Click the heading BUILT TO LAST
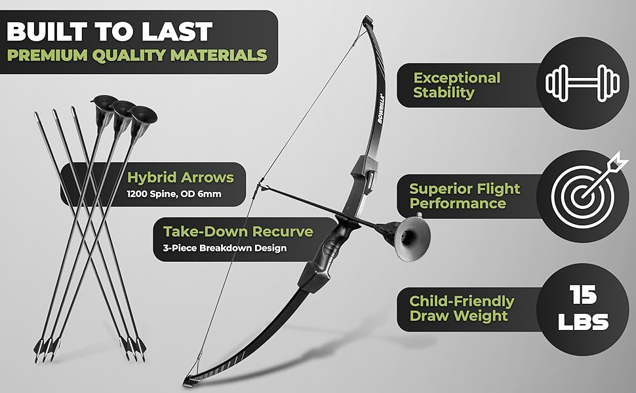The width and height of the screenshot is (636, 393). click(110, 31)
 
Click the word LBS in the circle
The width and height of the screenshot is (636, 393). click(582, 322)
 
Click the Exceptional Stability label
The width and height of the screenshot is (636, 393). click(456, 85)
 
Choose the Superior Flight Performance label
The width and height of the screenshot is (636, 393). click(464, 196)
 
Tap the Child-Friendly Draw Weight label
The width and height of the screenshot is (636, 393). click(462, 308)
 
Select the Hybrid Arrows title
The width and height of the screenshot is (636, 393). click(180, 178)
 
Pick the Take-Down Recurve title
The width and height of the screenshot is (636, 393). click(238, 232)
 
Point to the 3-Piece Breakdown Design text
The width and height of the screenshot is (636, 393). click(224, 248)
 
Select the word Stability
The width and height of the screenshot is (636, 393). click(443, 93)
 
